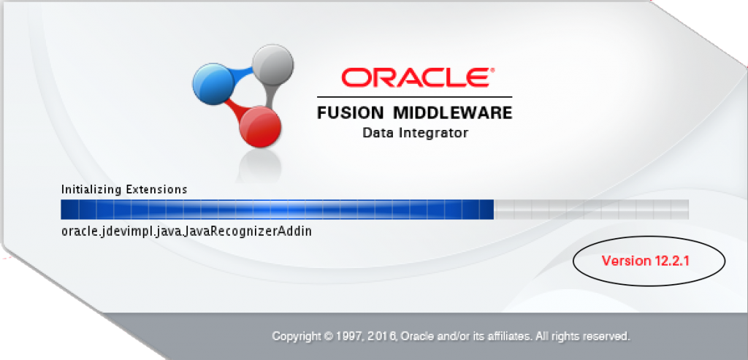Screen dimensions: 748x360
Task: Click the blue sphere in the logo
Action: pyautogui.click(x=213, y=85)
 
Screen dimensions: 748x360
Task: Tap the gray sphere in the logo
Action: pyautogui.click(x=272, y=64)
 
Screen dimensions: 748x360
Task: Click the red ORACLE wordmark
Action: pyautogui.click(x=416, y=78)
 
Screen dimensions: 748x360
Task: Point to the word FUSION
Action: pyautogui.click(x=351, y=113)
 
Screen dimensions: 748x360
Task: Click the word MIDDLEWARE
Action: pyautogui.click(x=454, y=113)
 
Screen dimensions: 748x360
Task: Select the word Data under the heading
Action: pyautogui.click(x=378, y=133)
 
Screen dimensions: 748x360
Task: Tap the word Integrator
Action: pyautogui.click(x=433, y=133)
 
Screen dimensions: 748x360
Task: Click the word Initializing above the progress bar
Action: pyautogui.click(x=91, y=190)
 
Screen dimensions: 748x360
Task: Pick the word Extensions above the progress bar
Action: pyautogui.click(x=156, y=189)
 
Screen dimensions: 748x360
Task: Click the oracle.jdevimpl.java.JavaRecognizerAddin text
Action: pyautogui.click(x=186, y=231)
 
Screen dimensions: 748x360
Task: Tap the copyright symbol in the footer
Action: pyautogui.click(x=328, y=336)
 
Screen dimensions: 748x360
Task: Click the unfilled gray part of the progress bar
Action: pyautogui.click(x=592, y=210)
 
